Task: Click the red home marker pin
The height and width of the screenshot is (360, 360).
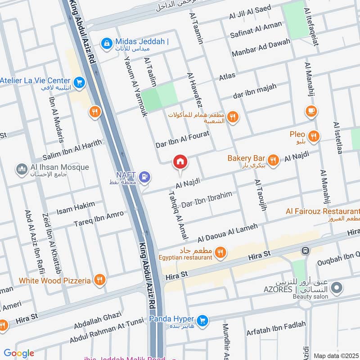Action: point(180,162)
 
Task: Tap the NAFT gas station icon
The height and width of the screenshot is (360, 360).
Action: point(144,177)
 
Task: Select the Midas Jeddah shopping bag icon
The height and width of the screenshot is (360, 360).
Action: point(107,43)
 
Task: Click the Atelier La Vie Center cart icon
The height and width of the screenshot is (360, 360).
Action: point(80,82)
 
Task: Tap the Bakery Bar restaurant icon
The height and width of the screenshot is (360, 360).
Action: point(273,159)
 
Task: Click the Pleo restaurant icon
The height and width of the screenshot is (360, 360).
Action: point(314,135)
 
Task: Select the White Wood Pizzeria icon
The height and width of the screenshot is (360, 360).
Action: point(99,280)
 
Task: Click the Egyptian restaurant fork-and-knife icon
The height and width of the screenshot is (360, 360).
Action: point(220,253)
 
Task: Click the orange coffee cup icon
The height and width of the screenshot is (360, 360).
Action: point(310,110)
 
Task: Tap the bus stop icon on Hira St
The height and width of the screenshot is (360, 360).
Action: point(306,250)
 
